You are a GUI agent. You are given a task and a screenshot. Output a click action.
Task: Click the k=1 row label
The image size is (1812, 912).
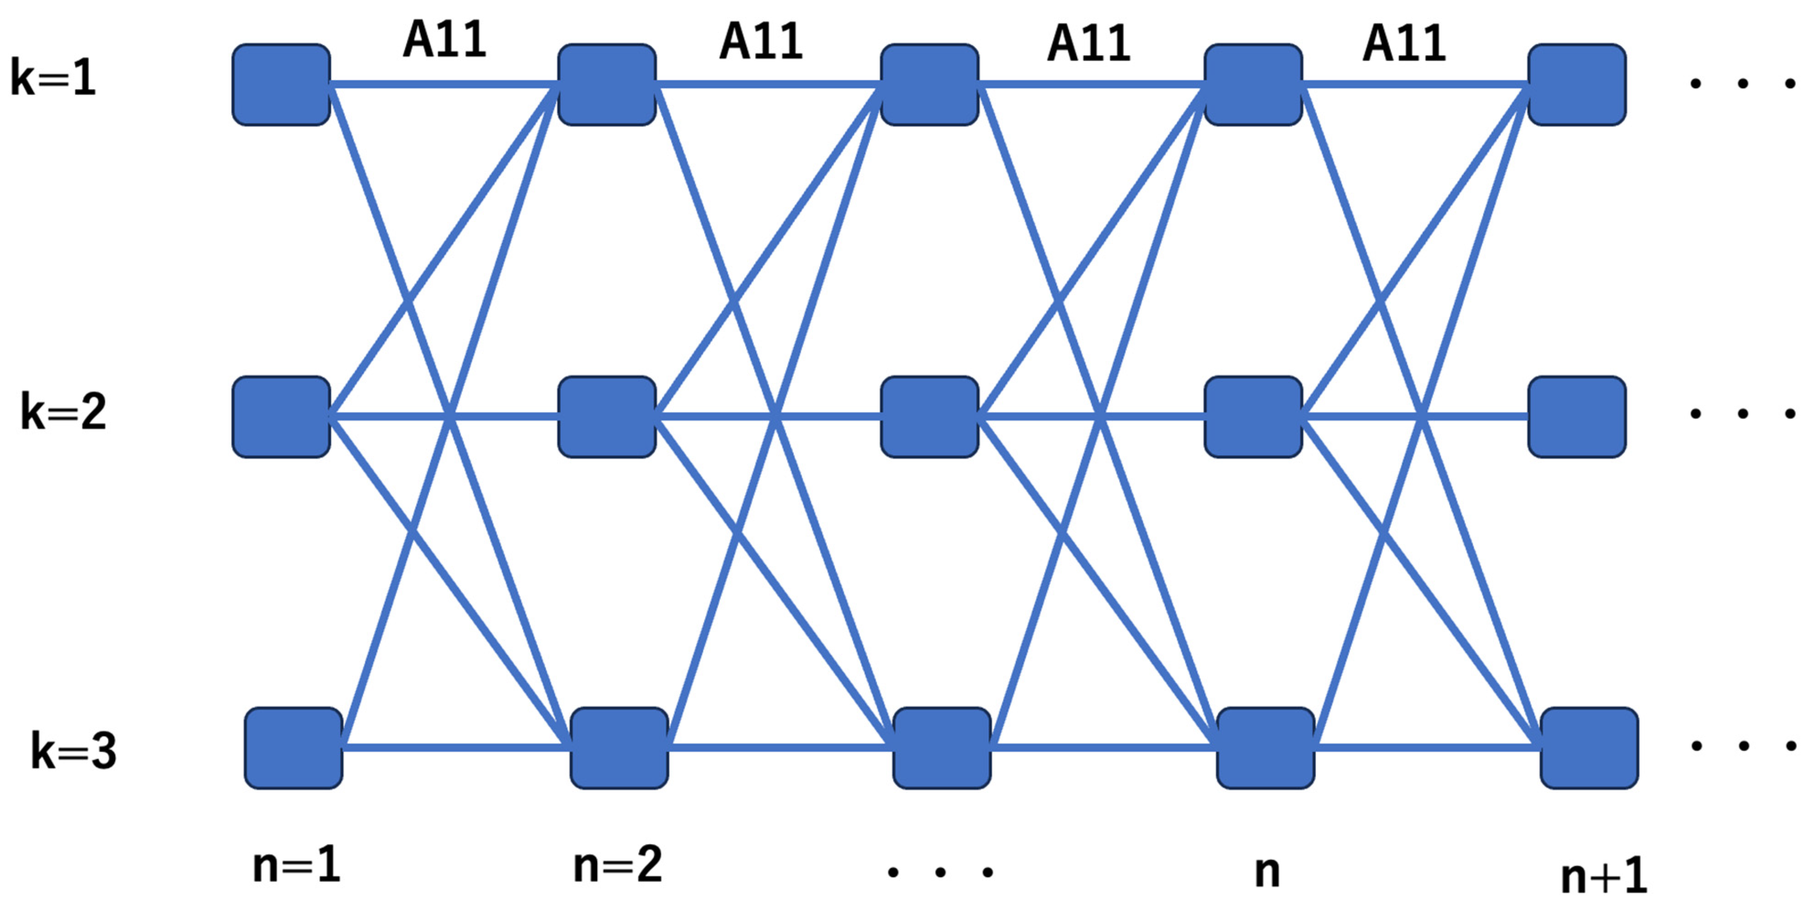click(53, 77)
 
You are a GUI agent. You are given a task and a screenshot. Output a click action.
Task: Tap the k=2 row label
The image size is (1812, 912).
click(63, 412)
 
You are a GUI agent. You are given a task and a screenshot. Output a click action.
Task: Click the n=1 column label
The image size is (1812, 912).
click(296, 865)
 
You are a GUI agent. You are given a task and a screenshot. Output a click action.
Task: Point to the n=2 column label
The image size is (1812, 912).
click(618, 865)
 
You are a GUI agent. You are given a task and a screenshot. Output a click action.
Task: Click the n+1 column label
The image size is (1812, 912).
click(1604, 877)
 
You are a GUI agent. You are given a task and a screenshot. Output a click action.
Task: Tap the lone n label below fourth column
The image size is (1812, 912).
click(1268, 872)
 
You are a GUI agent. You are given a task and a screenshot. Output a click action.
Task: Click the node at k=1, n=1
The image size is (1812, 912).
click(282, 85)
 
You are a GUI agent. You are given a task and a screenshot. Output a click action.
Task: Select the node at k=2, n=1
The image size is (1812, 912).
click(282, 417)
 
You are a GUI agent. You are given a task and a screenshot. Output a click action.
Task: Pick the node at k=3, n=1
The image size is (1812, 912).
click(293, 748)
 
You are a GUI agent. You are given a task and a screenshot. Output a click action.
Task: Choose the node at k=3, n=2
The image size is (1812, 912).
click(619, 748)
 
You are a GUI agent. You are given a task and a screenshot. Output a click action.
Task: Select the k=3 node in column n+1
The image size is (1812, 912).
click(1589, 748)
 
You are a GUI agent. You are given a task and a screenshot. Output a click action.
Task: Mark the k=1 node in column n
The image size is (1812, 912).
click(1253, 85)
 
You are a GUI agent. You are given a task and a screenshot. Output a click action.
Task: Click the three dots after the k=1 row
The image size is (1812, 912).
click(1742, 84)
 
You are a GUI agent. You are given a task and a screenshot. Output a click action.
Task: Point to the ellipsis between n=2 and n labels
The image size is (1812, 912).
click(940, 873)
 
